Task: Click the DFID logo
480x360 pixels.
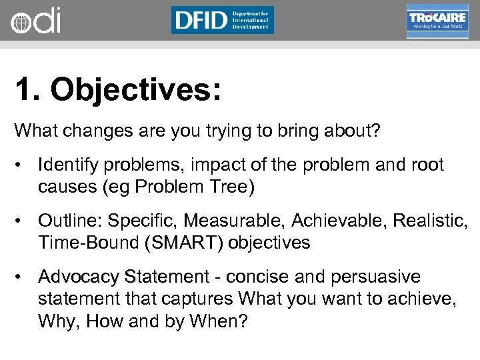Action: [222, 20]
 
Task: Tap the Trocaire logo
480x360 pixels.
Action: [437, 21]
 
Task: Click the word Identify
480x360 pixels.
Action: [67, 165]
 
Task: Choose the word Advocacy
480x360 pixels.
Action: [79, 276]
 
